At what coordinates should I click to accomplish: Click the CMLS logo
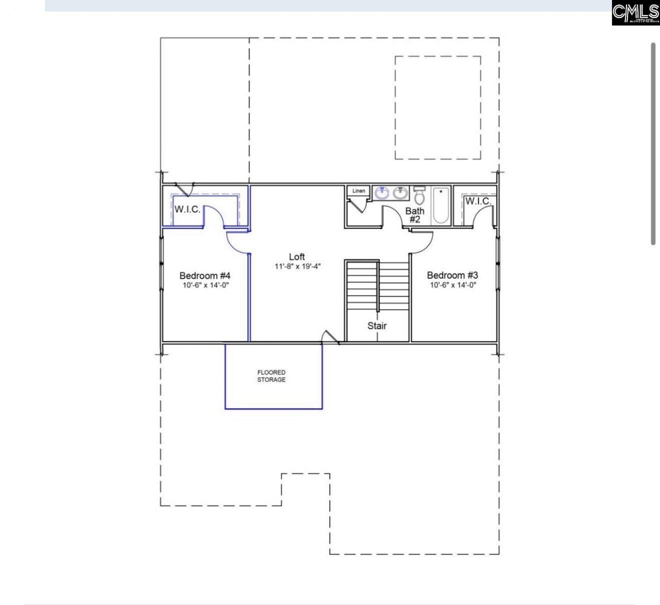click(x=635, y=13)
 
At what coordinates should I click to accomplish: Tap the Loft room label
click(x=296, y=257)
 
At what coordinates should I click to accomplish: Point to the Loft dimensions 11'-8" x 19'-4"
click(x=298, y=266)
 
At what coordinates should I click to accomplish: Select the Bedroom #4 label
click(x=205, y=275)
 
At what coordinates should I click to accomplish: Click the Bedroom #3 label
click(x=452, y=275)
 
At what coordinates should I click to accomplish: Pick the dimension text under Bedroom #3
click(x=452, y=285)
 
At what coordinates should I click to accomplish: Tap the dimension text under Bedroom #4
click(x=205, y=285)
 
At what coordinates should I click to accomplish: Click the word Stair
click(x=377, y=326)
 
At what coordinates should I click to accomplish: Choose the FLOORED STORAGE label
click(x=271, y=376)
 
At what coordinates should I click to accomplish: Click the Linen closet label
click(x=358, y=191)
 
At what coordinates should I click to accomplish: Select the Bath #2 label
click(x=415, y=215)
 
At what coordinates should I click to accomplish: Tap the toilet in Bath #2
click(x=419, y=196)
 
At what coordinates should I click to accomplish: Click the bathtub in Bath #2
click(x=440, y=205)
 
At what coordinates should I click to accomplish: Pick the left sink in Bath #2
click(x=382, y=194)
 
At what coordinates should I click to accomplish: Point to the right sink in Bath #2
click(x=400, y=194)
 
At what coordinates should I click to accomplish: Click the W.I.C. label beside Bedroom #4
click(x=187, y=210)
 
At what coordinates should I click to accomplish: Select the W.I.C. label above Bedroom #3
click(x=478, y=201)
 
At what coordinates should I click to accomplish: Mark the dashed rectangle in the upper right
click(x=438, y=107)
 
